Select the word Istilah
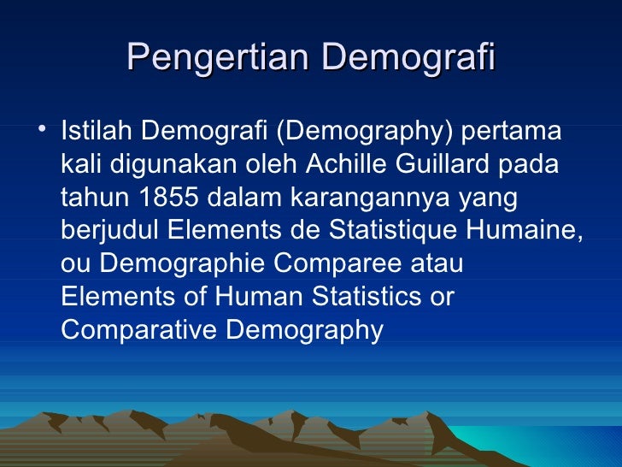click(x=97, y=133)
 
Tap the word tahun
click(x=94, y=198)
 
